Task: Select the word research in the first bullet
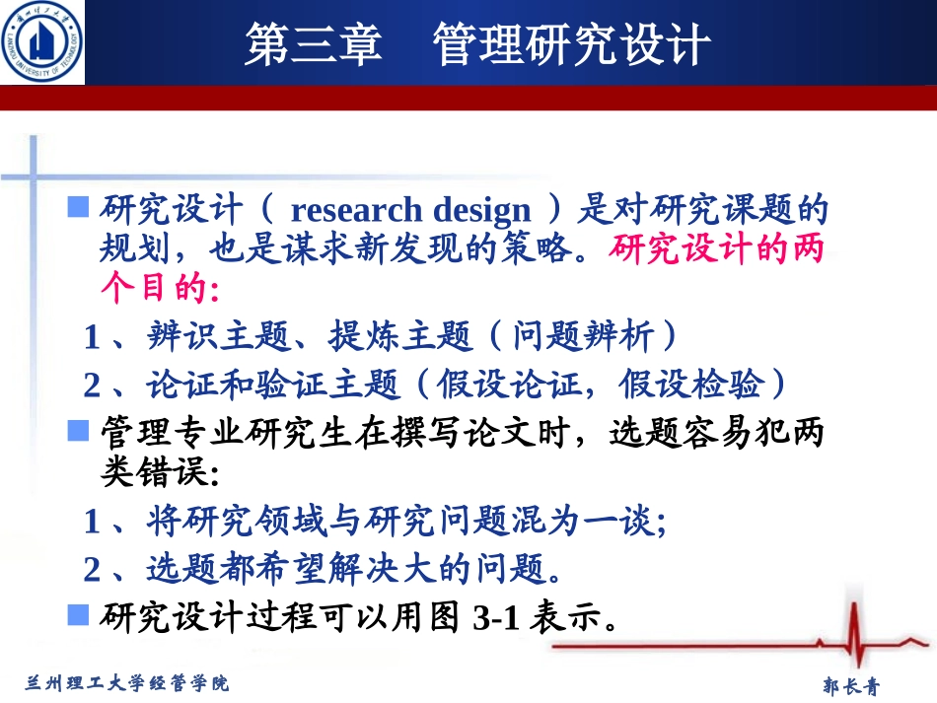(341, 211)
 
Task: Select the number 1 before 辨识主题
(92, 338)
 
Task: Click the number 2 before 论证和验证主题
(92, 386)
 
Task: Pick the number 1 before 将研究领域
(92, 521)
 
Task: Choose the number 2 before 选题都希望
(92, 569)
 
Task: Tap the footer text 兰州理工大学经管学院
(126, 681)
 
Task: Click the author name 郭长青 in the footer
(850, 685)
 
